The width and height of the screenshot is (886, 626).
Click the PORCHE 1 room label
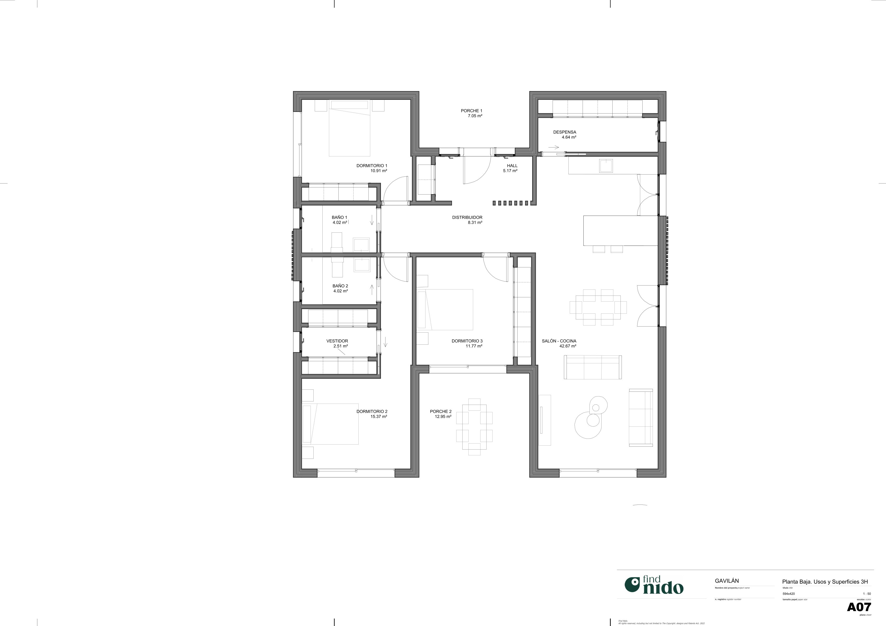point(471,113)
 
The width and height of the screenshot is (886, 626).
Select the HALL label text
point(512,166)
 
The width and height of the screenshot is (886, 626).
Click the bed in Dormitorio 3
point(448,309)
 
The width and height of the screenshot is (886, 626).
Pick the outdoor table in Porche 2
point(474,427)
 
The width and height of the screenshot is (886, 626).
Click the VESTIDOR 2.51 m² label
point(337,343)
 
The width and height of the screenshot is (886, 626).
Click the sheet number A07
point(859,607)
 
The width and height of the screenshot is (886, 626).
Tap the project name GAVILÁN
point(727,581)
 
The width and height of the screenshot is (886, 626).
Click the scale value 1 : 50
point(867,594)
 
